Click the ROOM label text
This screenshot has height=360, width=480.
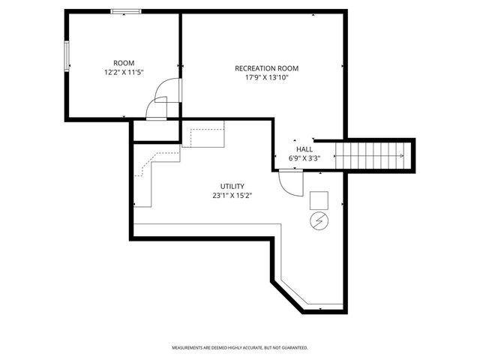point(123,62)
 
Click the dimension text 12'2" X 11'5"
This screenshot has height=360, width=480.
point(123,72)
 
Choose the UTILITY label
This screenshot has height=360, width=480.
point(232,186)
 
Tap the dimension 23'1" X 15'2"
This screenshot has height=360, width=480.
point(232,196)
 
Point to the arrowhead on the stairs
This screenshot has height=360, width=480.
point(402,155)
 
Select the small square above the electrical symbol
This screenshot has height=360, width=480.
point(319,200)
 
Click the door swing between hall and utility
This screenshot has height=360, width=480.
point(289,182)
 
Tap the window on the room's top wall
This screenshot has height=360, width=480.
point(125,11)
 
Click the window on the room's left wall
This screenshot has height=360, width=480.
point(67,58)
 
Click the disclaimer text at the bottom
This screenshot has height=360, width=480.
point(240,348)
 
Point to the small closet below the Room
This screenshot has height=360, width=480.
point(156,130)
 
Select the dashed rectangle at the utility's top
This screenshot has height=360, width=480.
point(208,137)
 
